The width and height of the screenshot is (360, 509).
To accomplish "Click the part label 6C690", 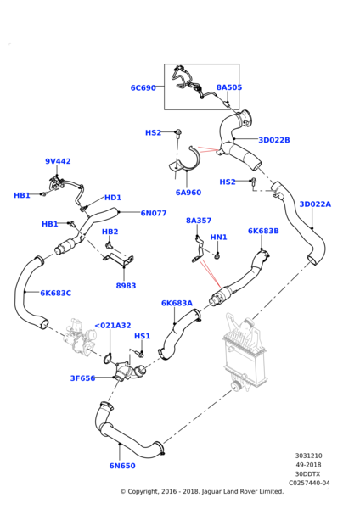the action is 143,88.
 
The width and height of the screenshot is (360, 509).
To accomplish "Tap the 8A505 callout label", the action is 229,87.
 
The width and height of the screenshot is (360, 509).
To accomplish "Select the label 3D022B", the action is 274,140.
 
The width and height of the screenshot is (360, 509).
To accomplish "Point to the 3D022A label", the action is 315,204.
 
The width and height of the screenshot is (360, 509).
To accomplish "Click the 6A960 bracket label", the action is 188,193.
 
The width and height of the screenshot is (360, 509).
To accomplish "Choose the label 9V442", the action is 58,161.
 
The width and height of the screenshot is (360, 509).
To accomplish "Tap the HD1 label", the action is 113,198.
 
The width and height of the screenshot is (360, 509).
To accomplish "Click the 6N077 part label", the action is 154,213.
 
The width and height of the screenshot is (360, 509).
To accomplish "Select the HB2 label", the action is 110,232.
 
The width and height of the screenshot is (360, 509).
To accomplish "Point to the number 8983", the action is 126,286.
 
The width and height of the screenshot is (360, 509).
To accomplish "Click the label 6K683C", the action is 55,294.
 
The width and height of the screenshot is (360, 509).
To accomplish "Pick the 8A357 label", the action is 199,221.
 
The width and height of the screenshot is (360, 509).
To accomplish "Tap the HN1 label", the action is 219,238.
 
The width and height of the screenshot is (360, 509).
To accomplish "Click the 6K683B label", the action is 263,231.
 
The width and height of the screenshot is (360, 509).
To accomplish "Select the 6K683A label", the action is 177,303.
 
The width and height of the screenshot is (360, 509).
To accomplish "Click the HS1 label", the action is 143,336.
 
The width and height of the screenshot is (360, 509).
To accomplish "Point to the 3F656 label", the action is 83,378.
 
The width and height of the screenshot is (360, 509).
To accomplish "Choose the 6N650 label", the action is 122,466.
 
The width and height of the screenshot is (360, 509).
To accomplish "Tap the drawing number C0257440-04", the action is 309,483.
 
